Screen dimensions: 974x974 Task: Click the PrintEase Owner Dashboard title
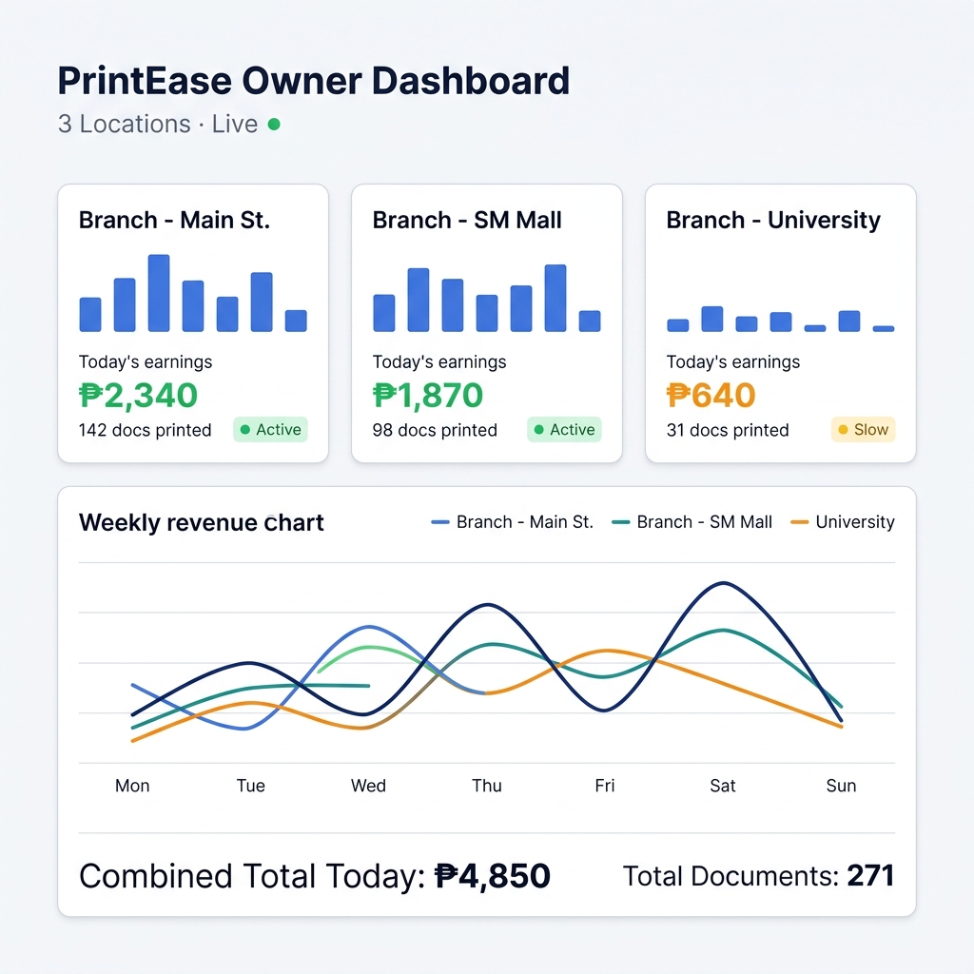[x=313, y=81]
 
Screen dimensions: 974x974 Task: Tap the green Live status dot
[x=274, y=124]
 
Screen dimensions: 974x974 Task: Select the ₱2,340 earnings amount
[x=138, y=395]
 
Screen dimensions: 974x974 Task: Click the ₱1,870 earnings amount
[x=428, y=395]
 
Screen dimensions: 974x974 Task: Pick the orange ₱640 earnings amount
[x=711, y=395]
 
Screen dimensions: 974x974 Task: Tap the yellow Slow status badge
[x=863, y=430]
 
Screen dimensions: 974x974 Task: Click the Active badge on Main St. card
[x=270, y=430]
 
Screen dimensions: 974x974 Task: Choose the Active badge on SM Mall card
[x=564, y=430]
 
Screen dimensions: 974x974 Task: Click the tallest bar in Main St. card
[x=159, y=293]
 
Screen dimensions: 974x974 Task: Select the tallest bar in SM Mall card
[x=555, y=298]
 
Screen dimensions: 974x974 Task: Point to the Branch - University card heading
[x=773, y=221]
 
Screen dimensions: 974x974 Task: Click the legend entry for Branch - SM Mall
[x=693, y=522]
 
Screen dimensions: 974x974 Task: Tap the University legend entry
[x=843, y=522]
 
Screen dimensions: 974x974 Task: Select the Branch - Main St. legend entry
[x=513, y=522]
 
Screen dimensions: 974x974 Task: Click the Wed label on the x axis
[x=368, y=786]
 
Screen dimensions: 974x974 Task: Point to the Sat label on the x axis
[x=723, y=786]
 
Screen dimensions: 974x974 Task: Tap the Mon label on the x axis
[x=132, y=786]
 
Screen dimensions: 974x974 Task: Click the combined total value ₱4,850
[x=493, y=876]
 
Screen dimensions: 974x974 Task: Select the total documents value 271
[x=870, y=876]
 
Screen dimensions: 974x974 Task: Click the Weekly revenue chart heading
[x=202, y=523]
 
